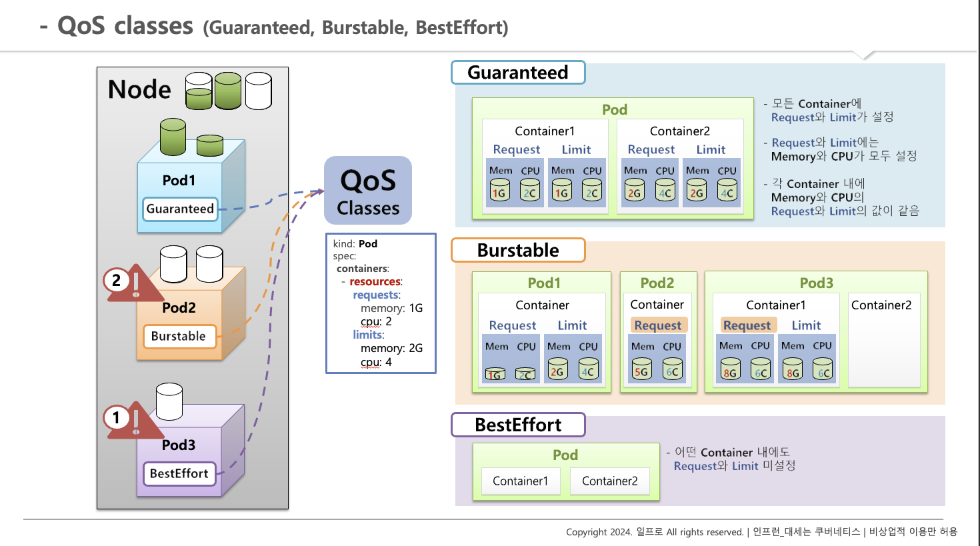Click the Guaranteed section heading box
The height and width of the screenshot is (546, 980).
(x=518, y=73)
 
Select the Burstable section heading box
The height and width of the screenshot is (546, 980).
(x=518, y=251)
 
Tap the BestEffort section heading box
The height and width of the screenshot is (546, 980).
(x=518, y=425)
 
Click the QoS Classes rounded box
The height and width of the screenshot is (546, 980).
(x=368, y=191)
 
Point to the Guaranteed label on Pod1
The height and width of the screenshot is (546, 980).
(x=180, y=209)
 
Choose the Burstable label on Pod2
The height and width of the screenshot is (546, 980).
(x=179, y=336)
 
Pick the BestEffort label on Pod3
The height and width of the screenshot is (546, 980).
(x=179, y=473)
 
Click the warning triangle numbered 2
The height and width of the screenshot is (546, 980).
(x=133, y=284)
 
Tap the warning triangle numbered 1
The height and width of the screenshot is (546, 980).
(x=133, y=421)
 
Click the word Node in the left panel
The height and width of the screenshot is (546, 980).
(x=139, y=89)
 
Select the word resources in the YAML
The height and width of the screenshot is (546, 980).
(x=375, y=281)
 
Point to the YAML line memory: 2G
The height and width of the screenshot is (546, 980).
(x=391, y=348)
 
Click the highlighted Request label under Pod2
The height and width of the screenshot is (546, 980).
(x=658, y=325)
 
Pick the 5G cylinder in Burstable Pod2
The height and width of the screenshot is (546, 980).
(x=641, y=369)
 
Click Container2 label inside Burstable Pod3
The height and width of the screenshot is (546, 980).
(x=881, y=305)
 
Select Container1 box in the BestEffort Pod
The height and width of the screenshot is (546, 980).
(x=520, y=481)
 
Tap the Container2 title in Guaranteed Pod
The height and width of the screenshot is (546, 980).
(x=680, y=131)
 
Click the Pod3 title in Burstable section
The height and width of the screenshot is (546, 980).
(x=817, y=283)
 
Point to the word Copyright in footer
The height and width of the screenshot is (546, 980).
(x=587, y=532)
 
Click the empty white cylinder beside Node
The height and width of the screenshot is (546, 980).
(x=259, y=91)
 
